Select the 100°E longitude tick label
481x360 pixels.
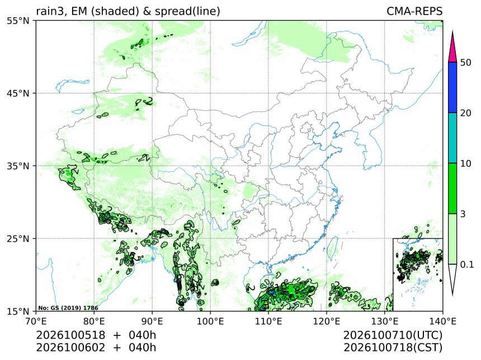click(210, 321)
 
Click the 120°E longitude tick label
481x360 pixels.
click(327, 321)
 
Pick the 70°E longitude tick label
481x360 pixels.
click(36, 321)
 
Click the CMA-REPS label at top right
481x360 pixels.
click(414, 11)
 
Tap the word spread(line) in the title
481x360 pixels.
click(187, 12)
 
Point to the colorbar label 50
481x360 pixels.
click(466, 63)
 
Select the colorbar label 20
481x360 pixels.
click(466, 113)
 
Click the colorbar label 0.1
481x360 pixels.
click(467, 264)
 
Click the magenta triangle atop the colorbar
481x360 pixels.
click(452, 47)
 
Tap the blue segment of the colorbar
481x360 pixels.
click(452, 87)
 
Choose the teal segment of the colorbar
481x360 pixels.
click(452, 138)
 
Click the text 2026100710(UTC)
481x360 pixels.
click(393, 335)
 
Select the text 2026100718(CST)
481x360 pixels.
click(393, 348)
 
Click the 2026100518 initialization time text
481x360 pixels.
click(70, 335)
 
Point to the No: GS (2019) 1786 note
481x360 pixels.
click(68, 308)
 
